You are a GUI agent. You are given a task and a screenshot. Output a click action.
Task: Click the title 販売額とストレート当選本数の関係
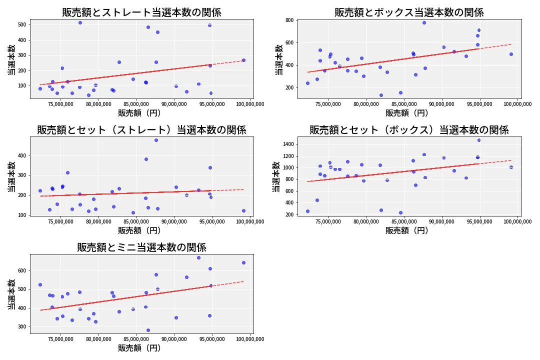point(141,12)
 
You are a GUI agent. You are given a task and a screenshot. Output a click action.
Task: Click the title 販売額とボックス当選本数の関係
point(409,12)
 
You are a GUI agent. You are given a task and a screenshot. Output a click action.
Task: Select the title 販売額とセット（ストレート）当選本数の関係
point(141,130)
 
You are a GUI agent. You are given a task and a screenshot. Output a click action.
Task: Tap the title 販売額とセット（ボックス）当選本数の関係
point(409,130)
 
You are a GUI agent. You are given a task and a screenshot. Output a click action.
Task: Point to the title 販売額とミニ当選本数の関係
point(141,247)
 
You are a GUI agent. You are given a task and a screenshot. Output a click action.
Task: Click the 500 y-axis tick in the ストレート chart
point(22,24)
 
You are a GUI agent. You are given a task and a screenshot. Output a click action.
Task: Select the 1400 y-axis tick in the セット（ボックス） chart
point(288,144)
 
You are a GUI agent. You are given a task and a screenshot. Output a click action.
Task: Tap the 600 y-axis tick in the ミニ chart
point(22,270)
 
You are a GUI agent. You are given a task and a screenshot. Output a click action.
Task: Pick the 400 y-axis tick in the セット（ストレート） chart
point(22,155)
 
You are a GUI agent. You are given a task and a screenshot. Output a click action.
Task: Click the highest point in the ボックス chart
point(424,22)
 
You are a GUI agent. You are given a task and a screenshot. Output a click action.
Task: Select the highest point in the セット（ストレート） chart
point(156,140)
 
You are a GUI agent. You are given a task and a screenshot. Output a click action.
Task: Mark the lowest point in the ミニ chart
point(148,330)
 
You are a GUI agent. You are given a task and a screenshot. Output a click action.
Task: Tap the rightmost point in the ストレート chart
point(243,60)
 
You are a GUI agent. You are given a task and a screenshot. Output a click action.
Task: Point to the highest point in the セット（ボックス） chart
point(479,140)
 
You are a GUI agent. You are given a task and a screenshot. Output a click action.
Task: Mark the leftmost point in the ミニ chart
point(40,284)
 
